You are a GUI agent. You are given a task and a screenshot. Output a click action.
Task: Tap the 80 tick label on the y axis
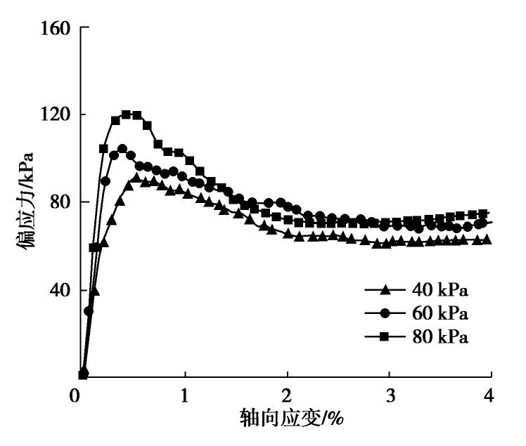pos(62,202)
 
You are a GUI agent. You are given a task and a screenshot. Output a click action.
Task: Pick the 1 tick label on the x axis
pos(184,395)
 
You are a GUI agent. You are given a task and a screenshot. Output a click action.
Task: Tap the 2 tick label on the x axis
pos(286,395)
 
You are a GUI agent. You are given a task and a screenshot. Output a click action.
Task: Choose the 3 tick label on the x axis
pos(389,395)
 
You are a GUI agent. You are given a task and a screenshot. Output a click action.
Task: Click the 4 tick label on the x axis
pos(489,395)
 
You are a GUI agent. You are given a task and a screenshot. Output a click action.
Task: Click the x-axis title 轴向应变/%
pos(290,419)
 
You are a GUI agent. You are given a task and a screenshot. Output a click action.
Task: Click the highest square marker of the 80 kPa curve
pos(127,114)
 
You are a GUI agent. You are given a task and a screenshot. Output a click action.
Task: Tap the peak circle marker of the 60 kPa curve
pos(122,149)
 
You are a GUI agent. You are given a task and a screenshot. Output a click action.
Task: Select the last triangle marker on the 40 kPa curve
pos(486,240)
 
